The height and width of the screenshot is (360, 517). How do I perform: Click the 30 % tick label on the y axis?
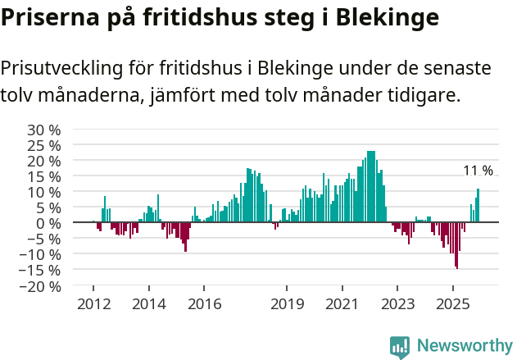point(44,130)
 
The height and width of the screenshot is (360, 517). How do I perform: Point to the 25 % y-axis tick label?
point(44,145)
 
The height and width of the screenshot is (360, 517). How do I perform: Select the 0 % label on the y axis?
point(49,223)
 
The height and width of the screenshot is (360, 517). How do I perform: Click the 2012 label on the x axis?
point(93,303)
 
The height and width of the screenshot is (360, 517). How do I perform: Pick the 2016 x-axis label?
point(204,303)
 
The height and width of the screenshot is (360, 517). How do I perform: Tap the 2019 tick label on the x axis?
point(287,303)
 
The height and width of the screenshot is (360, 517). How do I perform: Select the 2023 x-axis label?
point(397,303)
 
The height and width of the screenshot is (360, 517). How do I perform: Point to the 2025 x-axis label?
point(453,303)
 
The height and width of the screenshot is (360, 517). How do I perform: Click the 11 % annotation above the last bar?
point(478,171)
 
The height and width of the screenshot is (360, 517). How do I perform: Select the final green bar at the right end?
point(478,206)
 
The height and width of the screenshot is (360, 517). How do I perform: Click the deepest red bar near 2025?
point(456,245)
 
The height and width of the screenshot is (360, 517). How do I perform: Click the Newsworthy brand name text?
point(465,345)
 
